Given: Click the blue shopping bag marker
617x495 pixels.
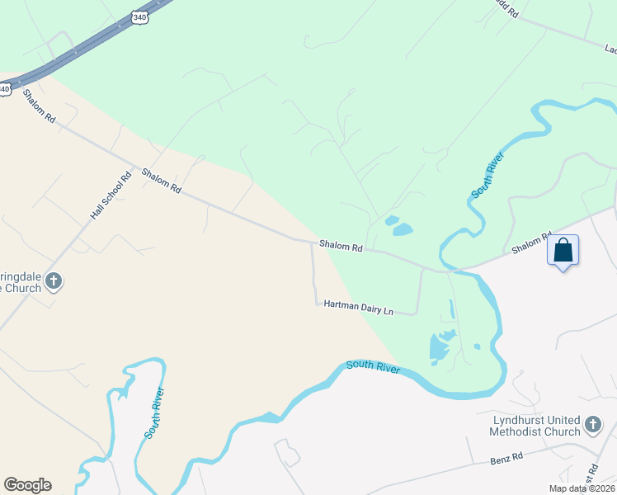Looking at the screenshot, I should (x=563, y=251).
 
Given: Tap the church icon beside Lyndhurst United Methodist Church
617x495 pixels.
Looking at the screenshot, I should (x=592, y=426).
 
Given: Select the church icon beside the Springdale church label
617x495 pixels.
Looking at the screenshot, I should (x=54, y=282).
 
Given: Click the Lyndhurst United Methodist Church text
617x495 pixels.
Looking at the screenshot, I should (x=535, y=426).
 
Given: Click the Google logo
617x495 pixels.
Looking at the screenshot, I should (x=27, y=485).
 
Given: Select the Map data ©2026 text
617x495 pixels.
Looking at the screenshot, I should (x=580, y=488).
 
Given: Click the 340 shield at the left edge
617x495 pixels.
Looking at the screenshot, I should (x=4, y=87).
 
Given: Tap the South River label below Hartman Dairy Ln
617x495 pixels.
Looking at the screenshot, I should (x=373, y=366).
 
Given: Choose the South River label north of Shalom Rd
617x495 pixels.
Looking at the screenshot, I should (x=487, y=175).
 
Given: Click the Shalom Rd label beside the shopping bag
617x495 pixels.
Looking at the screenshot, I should (x=530, y=243).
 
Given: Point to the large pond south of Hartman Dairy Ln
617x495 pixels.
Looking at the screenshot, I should (x=440, y=349).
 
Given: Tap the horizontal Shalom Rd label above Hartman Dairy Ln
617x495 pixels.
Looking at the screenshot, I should (x=341, y=247).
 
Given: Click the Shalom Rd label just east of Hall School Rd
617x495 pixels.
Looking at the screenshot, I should (x=161, y=180).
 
